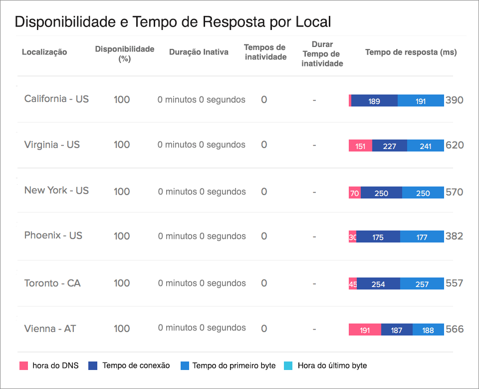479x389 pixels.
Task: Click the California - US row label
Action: click(56, 99)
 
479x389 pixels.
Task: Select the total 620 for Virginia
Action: click(455, 145)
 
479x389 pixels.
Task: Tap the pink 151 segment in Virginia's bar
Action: click(360, 146)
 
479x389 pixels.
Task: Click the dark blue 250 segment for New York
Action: click(381, 193)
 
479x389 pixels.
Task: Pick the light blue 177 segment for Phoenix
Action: click(422, 237)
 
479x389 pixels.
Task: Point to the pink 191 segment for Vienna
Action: click(365, 330)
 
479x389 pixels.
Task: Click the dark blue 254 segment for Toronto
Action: click(378, 284)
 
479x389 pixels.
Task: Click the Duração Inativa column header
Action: click(199, 52)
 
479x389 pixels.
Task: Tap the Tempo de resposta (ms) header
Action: click(411, 52)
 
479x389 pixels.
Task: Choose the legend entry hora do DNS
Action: click(49, 365)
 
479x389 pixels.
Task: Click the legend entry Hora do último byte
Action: click(331, 365)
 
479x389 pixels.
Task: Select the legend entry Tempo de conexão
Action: click(135, 365)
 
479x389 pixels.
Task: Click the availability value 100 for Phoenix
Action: click(122, 236)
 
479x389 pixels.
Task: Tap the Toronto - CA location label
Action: click(52, 283)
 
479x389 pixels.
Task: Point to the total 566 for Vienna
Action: click(455, 329)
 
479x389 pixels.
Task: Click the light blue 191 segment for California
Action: click(421, 101)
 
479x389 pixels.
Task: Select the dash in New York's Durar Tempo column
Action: click(314, 191)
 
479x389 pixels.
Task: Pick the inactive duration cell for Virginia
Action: click(202, 145)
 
